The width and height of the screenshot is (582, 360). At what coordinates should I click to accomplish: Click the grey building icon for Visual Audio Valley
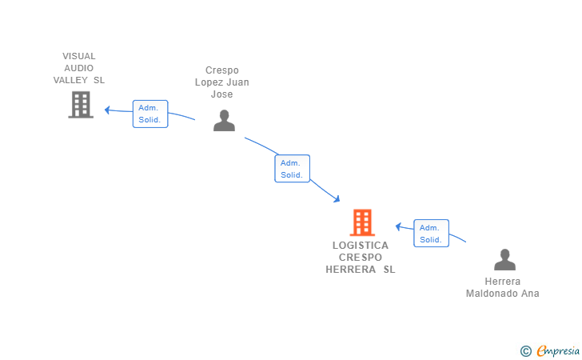81,105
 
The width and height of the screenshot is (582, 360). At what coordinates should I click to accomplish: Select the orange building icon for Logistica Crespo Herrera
362,222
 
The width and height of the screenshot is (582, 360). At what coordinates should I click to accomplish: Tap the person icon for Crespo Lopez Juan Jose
225,120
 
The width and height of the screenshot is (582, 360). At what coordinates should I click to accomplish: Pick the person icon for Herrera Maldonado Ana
504,260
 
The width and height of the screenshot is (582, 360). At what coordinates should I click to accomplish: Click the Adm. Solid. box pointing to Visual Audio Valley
150,114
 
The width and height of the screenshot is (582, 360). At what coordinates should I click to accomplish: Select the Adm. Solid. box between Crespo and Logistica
292,169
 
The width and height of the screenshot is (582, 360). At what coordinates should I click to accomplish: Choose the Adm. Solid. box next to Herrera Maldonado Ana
431,234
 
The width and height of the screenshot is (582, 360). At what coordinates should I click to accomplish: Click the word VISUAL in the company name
79,56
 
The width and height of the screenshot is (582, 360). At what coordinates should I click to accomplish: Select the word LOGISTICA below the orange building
361,246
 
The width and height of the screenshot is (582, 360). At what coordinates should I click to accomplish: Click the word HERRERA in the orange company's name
351,270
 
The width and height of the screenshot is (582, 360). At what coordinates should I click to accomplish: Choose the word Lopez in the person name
211,82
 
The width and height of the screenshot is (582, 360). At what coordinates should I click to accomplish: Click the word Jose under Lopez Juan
221,94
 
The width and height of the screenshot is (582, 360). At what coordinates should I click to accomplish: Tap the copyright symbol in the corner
525,350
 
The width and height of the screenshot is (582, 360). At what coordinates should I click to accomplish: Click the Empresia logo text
559,350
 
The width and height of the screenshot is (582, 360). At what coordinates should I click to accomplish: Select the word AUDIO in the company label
79,68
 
